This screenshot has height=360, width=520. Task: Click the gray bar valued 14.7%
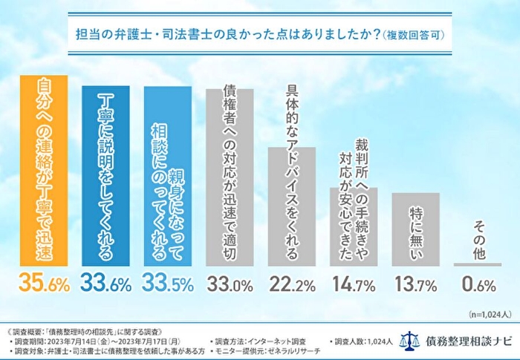point(354,226)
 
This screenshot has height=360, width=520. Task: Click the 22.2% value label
point(292,284)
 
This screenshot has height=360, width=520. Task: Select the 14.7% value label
point(354,284)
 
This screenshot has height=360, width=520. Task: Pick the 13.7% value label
point(416,284)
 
